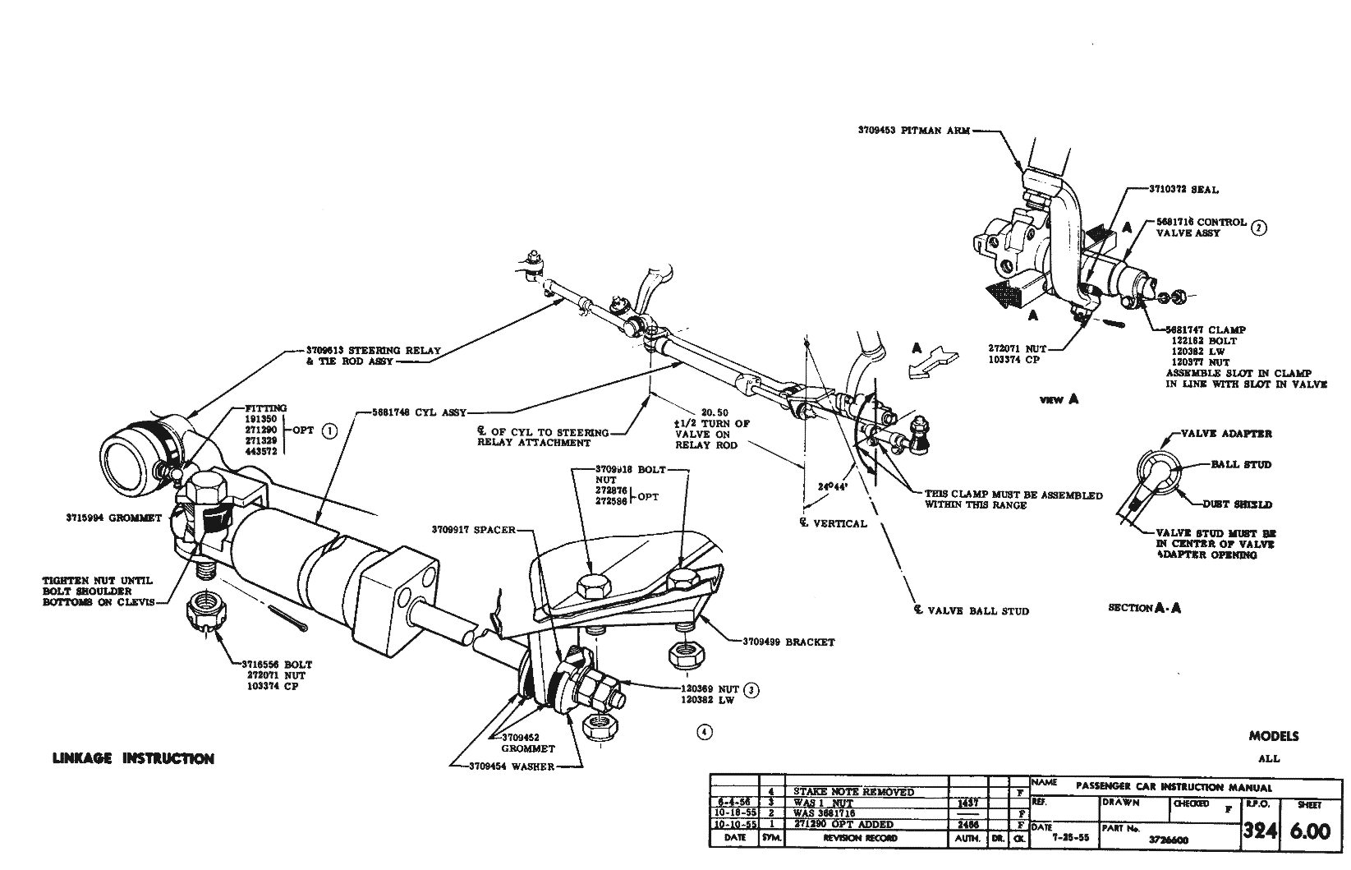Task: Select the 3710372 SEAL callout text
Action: click(1183, 190)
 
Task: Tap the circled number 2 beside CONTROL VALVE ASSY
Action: click(1258, 228)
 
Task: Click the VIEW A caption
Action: click(1059, 400)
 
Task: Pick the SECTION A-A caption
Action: click(1144, 608)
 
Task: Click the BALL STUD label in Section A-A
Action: click(1241, 464)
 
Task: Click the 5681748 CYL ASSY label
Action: click(419, 413)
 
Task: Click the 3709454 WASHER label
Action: click(511, 766)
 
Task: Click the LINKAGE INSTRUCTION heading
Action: click(133, 758)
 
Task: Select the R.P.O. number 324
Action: click(1259, 831)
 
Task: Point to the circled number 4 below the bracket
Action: click(704, 732)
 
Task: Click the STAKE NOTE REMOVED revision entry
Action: click(853, 792)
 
